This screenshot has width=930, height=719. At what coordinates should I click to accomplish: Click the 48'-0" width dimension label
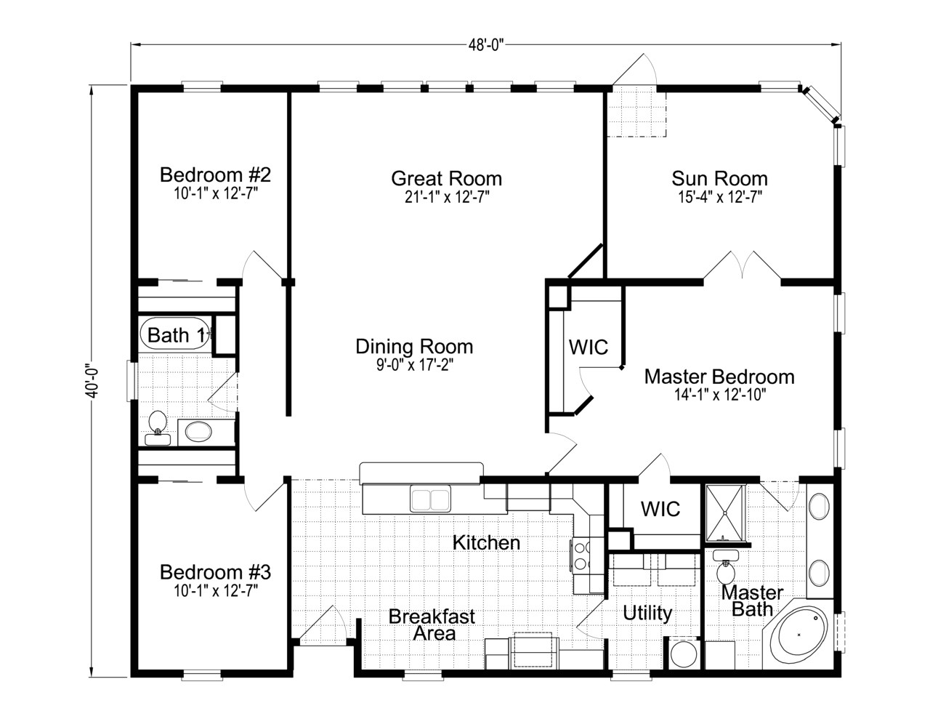486,43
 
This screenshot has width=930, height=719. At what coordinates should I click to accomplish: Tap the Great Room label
446,178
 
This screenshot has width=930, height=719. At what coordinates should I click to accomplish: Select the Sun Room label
719,178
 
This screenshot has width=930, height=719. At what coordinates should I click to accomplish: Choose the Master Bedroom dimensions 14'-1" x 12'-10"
719,395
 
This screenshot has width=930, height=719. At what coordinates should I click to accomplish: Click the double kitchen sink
430,500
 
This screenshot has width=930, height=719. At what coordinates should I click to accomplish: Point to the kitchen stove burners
582,555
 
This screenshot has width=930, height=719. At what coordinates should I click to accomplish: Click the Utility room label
647,613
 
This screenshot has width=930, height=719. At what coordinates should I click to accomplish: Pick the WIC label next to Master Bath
660,508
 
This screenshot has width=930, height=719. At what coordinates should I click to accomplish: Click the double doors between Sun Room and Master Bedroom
741,266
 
